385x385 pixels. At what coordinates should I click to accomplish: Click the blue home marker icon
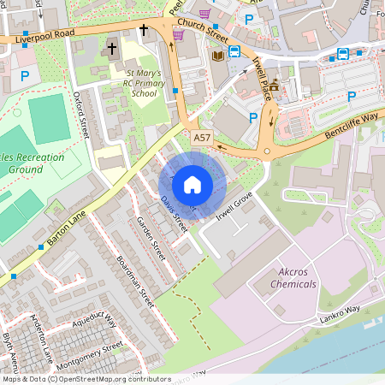click(192, 184)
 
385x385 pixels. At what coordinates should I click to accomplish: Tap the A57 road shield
click(201, 137)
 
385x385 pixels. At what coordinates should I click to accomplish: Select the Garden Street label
click(151, 239)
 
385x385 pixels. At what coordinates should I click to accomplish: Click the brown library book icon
click(217, 56)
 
